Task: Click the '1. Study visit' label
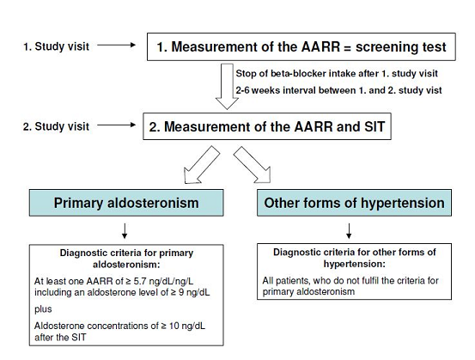point(57,46)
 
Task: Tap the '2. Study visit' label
point(56,126)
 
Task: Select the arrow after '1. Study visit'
point(116,46)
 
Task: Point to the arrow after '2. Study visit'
point(116,125)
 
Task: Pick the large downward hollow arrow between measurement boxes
point(227,87)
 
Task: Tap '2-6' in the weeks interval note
point(242,90)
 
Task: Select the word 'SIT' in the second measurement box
point(375,126)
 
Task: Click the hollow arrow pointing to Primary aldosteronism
point(201,165)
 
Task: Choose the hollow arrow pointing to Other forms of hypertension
point(253,165)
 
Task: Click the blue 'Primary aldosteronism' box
point(126,203)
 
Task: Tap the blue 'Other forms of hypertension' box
point(354,203)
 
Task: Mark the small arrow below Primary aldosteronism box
point(125,231)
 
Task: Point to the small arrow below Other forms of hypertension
point(349,231)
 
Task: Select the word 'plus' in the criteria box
point(43,309)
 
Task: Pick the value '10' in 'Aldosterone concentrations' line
point(174,326)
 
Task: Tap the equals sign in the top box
point(347,47)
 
